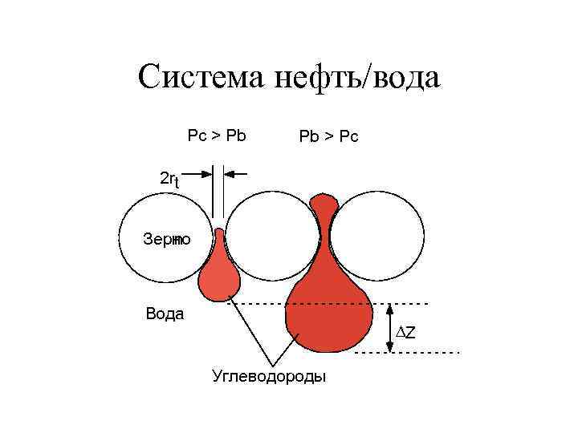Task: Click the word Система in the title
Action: click(201, 78)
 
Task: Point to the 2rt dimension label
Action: click(169, 180)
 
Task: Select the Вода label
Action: click(165, 314)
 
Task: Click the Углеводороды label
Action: click(268, 375)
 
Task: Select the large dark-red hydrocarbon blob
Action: click(329, 309)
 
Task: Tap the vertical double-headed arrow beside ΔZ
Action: click(389, 328)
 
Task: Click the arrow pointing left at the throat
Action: click(236, 172)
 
